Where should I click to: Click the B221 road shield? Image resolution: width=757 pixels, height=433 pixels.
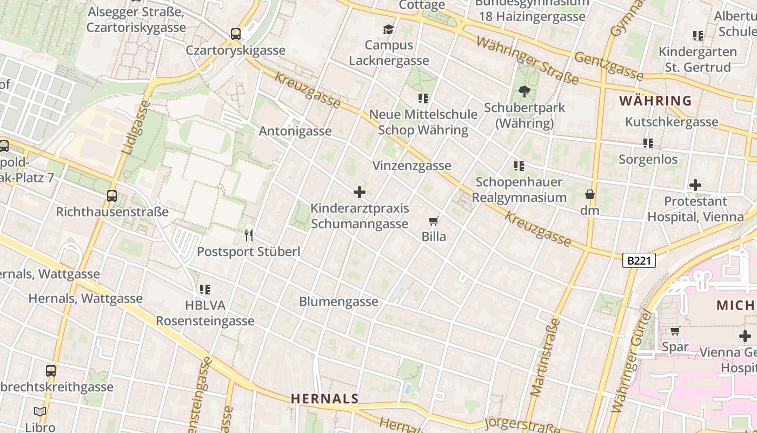point(639,261)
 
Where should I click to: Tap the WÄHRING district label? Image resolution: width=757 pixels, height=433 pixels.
point(655,101)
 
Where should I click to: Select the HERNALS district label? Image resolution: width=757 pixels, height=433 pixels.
point(324,399)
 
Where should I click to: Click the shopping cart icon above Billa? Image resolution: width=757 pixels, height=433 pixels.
point(433,221)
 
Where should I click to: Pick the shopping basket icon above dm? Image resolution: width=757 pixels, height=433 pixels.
point(589,194)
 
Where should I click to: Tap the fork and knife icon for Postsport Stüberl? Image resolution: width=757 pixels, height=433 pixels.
point(249,235)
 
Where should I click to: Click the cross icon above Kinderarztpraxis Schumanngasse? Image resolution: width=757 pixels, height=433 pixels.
point(359,192)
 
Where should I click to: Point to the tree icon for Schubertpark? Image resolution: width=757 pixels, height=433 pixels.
point(524,91)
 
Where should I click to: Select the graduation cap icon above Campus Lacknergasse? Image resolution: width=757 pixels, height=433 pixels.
point(388,29)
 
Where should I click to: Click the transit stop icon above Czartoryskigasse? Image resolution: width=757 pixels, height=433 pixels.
point(236,34)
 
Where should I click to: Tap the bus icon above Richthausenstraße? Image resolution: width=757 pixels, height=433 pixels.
point(112,196)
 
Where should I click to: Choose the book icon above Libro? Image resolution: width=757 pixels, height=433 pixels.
point(40,412)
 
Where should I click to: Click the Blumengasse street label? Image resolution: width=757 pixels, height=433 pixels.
point(338,301)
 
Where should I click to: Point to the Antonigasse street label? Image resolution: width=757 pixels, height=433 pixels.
point(295,131)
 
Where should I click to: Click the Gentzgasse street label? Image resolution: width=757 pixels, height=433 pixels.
point(609,66)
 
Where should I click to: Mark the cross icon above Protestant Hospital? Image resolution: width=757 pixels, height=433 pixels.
point(695,185)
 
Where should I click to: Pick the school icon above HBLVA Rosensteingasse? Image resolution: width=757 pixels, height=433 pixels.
point(204,290)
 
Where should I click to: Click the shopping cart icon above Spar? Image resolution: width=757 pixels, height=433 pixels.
point(675,331)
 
